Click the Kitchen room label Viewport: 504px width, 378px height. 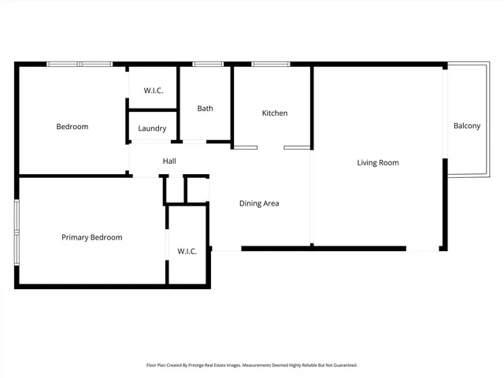tap(275, 113)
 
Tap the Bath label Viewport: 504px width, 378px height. tap(205, 109)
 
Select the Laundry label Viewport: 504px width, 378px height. tap(152, 128)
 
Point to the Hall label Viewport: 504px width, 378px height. tap(169, 161)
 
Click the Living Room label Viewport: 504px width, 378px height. tap(378, 163)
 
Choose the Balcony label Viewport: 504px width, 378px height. tap(466, 126)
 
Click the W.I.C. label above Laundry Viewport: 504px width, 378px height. tap(154, 91)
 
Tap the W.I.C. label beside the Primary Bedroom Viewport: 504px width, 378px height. tap(187, 251)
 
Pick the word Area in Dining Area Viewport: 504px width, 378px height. tap(271, 203)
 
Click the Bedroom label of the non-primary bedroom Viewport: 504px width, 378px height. tap(72, 127)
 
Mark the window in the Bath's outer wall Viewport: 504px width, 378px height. tap(206, 64)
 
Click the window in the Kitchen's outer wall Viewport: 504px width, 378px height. tap(270, 64)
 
